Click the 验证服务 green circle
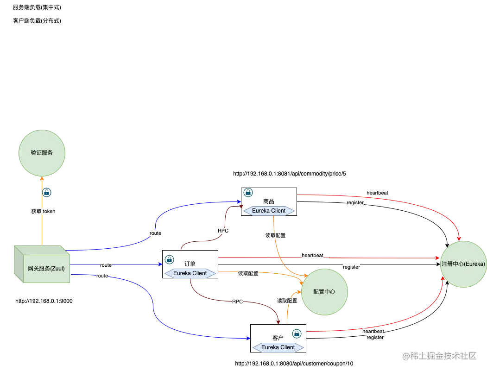pyautogui.click(x=42, y=153)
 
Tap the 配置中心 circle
pyautogui.click(x=324, y=292)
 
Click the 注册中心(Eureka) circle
pyautogui.click(x=463, y=264)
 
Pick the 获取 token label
pyautogui.click(x=43, y=211)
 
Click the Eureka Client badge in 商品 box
pyautogui.click(x=269, y=211)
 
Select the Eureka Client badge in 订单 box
pyautogui.click(x=190, y=273)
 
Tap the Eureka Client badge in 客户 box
pyautogui.click(x=278, y=347)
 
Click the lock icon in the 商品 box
pyautogui.click(x=248, y=192)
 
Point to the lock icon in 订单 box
pyautogui.click(x=169, y=259)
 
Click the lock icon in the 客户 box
pyautogui.click(x=297, y=333)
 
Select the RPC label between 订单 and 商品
pyautogui.click(x=223, y=231)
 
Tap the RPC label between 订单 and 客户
pyautogui.click(x=237, y=302)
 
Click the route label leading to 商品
pyautogui.click(x=155, y=233)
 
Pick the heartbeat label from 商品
pyautogui.click(x=377, y=193)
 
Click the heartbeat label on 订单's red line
pyautogui.click(x=312, y=255)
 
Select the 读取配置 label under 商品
pyautogui.click(x=275, y=235)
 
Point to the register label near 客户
pyautogui.click(x=374, y=338)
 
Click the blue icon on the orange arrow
pyautogui.click(x=46, y=191)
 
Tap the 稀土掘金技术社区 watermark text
pyautogui.click(x=439, y=355)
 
